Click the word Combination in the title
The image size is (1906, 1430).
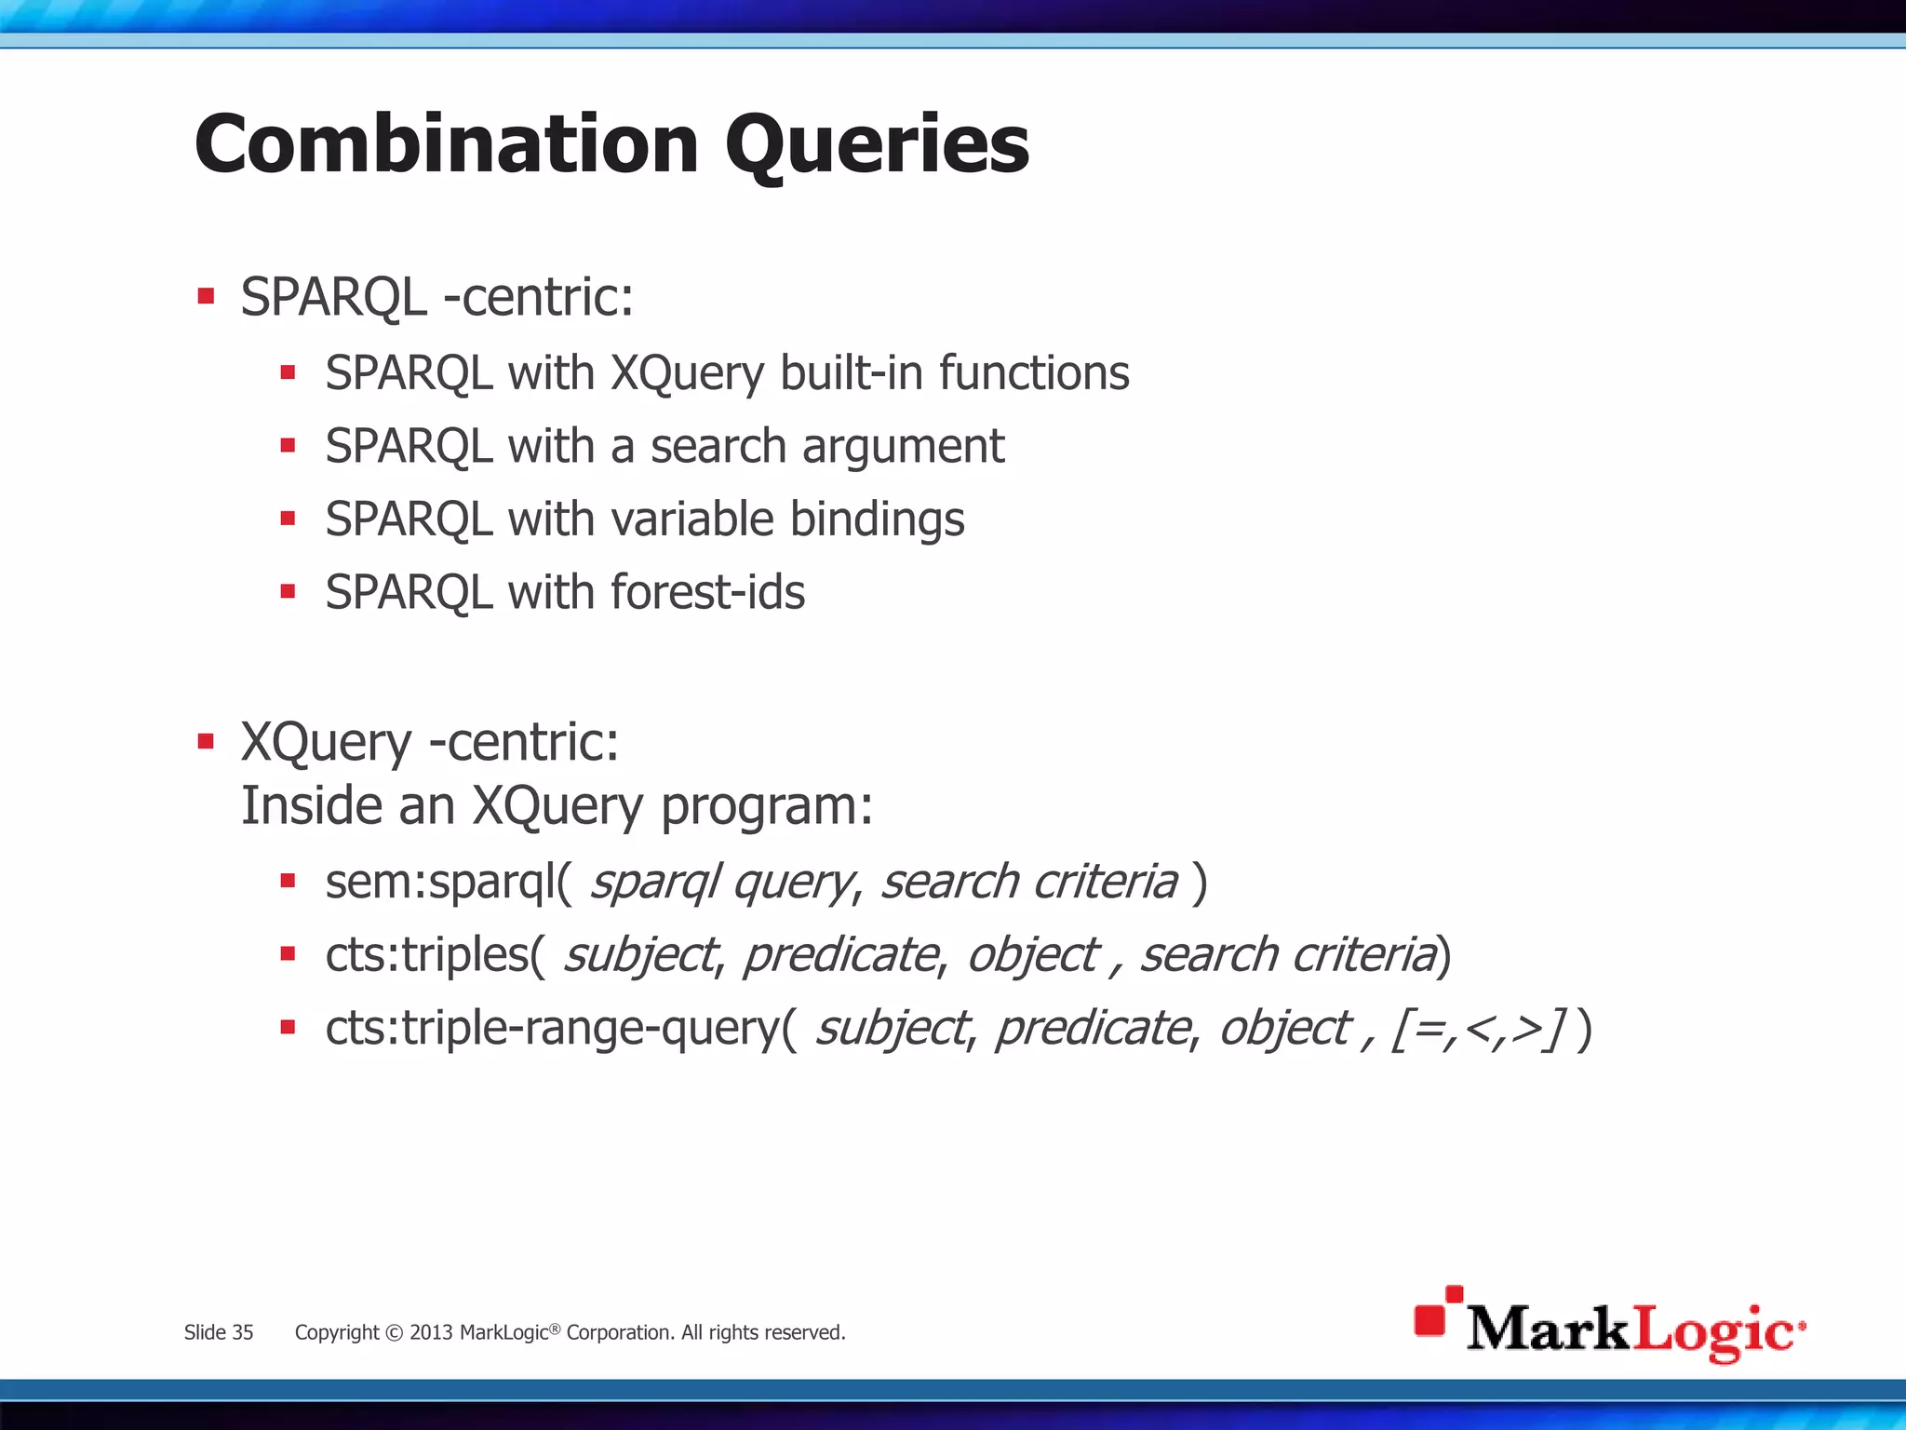click(446, 144)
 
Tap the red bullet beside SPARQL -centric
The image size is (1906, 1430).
click(206, 298)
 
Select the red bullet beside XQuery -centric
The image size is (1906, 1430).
click(206, 742)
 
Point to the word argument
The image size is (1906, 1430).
click(903, 447)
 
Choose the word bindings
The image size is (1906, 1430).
click(877, 519)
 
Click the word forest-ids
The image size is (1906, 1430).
click(707, 592)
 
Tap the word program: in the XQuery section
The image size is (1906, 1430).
click(767, 806)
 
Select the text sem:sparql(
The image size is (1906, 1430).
click(449, 881)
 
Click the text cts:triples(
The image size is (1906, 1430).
click(435, 954)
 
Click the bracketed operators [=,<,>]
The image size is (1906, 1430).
click(1478, 1029)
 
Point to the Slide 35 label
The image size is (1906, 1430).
click(219, 1332)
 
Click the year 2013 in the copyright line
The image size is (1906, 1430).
click(430, 1332)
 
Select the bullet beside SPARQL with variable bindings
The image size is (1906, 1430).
click(288, 519)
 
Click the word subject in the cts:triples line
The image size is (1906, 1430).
click(640, 954)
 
